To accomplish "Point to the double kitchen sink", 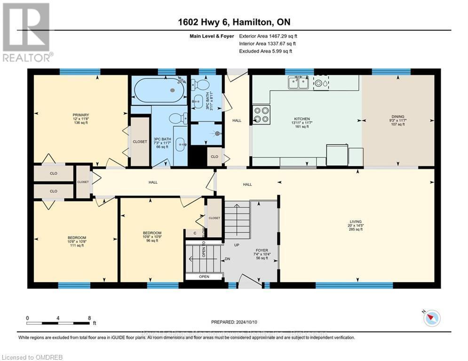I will [298, 83].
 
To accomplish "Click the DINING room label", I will [397, 117].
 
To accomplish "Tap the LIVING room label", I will [356, 222].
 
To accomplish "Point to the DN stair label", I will [227, 259].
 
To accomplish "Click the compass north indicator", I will [431, 318].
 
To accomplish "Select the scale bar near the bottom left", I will [58, 323].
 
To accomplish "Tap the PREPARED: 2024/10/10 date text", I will [234, 322].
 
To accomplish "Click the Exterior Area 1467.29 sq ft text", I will [268, 36].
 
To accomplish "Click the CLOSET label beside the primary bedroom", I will [139, 141].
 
